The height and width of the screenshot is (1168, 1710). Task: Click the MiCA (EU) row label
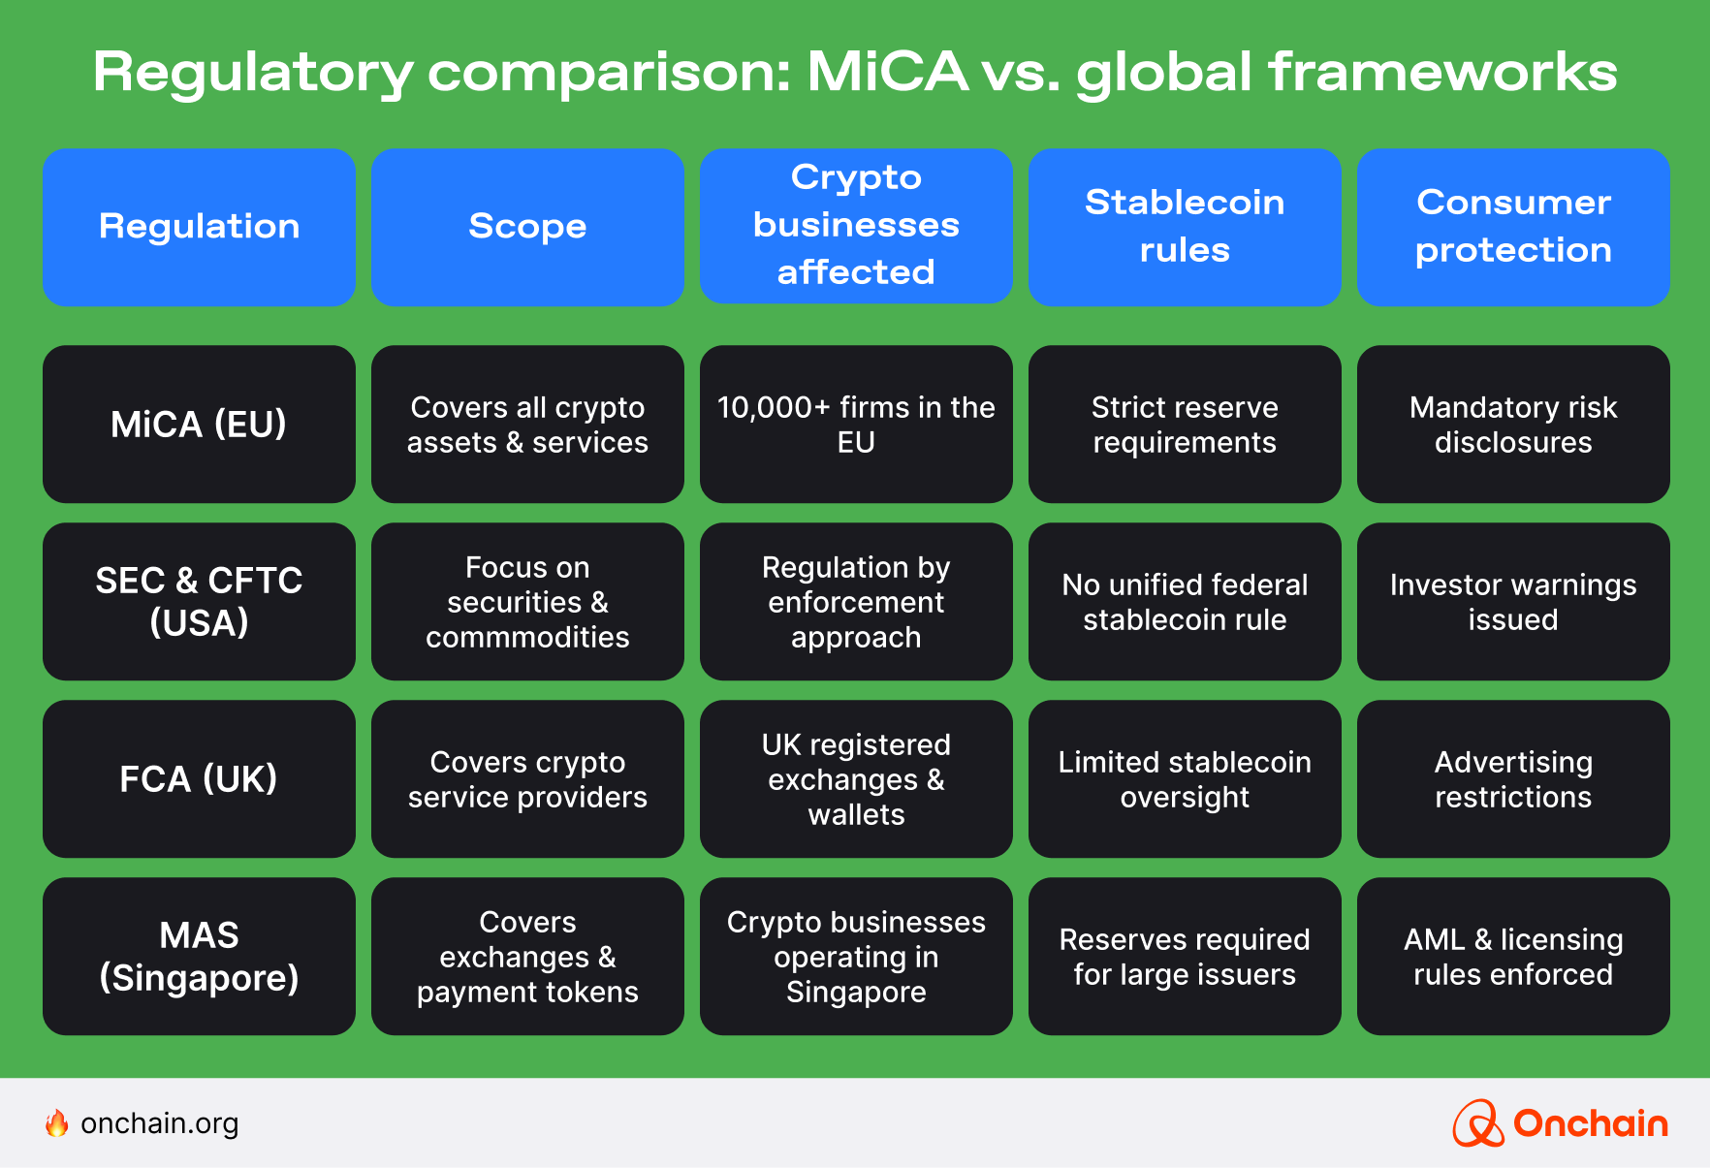(x=199, y=425)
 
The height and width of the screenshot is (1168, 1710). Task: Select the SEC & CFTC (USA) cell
(x=199, y=601)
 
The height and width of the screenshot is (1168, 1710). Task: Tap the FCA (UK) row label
(x=199, y=778)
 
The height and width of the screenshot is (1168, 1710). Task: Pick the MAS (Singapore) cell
(x=199, y=956)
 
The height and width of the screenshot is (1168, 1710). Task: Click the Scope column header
(x=527, y=227)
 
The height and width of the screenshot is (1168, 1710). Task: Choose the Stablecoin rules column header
(x=1185, y=227)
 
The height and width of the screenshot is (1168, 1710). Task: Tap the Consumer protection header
(x=1512, y=227)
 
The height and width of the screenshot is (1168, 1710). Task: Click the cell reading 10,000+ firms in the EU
(x=856, y=425)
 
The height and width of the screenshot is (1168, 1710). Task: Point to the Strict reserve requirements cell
(x=1185, y=425)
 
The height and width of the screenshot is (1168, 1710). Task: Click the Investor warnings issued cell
(x=1512, y=601)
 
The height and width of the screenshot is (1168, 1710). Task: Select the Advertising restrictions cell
(x=1512, y=778)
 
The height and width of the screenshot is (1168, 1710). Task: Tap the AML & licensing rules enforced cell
(x=1512, y=956)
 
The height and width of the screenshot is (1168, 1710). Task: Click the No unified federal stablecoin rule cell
(x=1185, y=601)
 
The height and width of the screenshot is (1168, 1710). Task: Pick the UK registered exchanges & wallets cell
(x=856, y=778)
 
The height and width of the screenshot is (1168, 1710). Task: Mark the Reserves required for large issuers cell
(x=1185, y=956)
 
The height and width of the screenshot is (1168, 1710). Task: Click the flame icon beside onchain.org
(x=57, y=1122)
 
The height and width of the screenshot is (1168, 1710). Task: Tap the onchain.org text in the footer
(x=160, y=1123)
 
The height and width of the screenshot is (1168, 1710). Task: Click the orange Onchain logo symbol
(x=1477, y=1123)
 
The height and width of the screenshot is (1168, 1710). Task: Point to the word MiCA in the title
(x=887, y=72)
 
